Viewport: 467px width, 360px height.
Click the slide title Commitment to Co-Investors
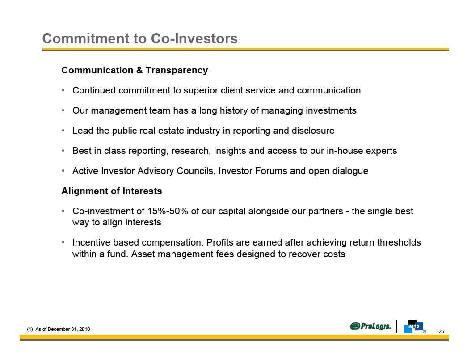pyautogui.click(x=140, y=38)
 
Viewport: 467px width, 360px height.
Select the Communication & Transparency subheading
pyautogui.click(x=135, y=70)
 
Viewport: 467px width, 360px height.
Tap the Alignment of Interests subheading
pyautogui.click(x=112, y=191)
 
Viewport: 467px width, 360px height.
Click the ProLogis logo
pyautogui.click(x=370, y=326)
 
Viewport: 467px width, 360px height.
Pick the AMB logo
pyautogui.click(x=414, y=326)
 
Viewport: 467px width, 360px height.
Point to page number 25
pyautogui.click(x=441, y=331)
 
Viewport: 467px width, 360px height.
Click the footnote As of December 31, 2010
pyautogui.click(x=59, y=329)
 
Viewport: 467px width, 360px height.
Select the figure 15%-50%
pyautogui.click(x=168, y=211)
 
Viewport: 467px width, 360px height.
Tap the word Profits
pyautogui.click(x=220, y=242)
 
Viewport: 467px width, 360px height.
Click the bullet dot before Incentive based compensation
pyautogui.click(x=63, y=242)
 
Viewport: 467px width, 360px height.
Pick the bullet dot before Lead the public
pyautogui.click(x=63, y=131)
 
